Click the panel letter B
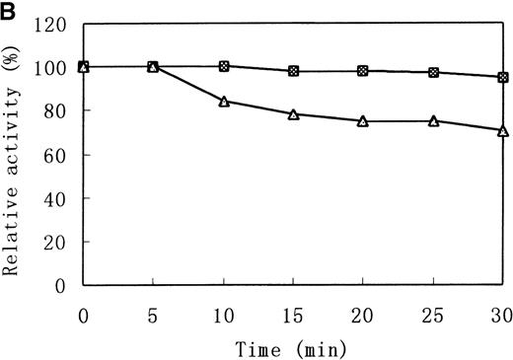9,9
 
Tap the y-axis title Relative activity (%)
14,154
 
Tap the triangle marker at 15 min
293,114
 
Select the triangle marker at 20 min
363,121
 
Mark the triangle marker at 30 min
503,130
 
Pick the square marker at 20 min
363,71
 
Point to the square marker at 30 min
503,77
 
